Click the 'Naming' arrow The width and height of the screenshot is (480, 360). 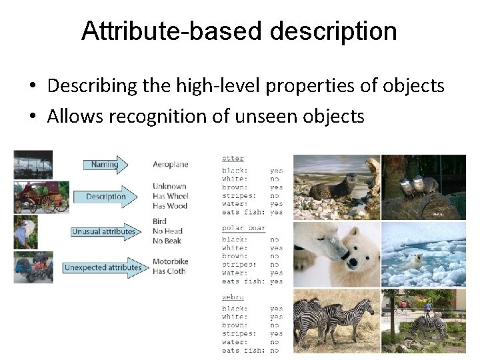(x=105, y=165)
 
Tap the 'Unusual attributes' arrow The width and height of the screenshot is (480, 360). (x=105, y=232)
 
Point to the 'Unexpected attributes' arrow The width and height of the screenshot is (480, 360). (x=105, y=267)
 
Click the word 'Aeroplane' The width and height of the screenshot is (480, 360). (x=170, y=165)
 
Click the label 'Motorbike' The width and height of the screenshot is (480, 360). (x=171, y=261)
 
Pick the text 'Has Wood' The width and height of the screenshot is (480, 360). (x=170, y=206)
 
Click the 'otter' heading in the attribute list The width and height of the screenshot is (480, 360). (x=233, y=159)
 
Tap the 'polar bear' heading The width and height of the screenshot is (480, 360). (x=243, y=228)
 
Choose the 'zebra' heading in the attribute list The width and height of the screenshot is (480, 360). (x=233, y=297)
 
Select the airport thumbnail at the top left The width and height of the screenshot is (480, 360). (x=33, y=165)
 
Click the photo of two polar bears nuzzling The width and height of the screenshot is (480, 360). (x=336, y=254)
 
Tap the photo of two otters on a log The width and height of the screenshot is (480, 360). (x=423, y=187)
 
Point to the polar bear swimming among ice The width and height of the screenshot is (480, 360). (x=423, y=254)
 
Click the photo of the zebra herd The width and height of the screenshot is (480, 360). (x=336, y=320)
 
